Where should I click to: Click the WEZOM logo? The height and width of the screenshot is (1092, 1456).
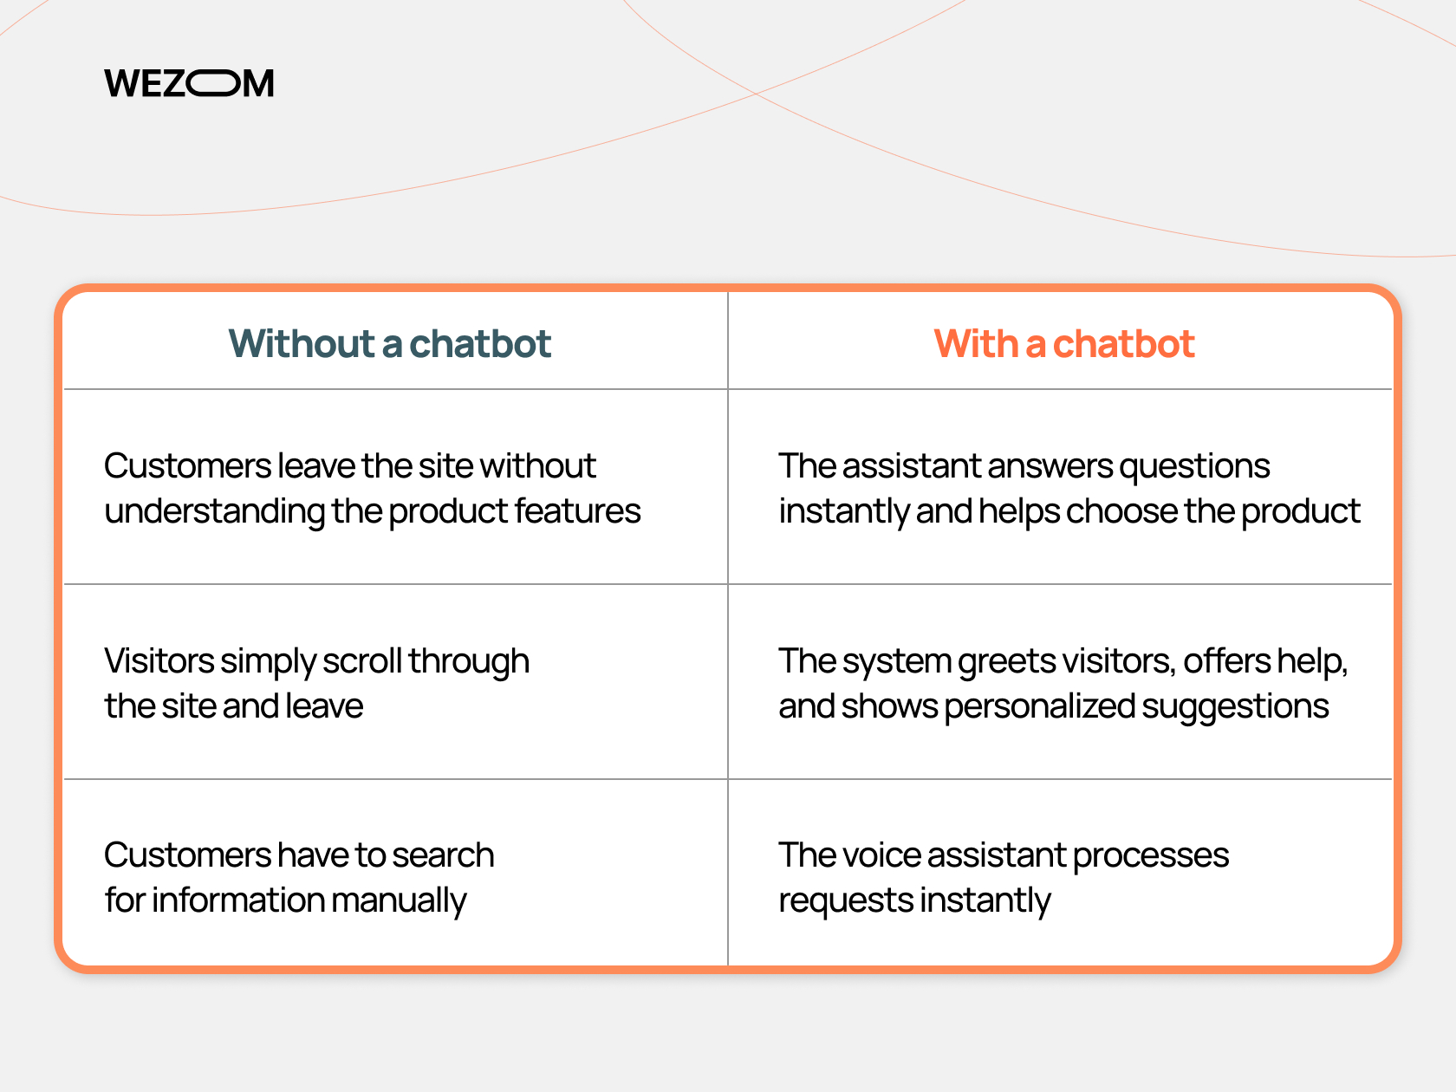pos(189,83)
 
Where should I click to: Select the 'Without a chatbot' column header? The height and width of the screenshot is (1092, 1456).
pos(389,343)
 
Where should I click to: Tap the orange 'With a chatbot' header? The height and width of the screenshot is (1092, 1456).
pos(1064,343)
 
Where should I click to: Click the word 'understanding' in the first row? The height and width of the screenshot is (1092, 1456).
pos(215,512)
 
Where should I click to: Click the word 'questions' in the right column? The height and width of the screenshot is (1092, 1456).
pos(1194,467)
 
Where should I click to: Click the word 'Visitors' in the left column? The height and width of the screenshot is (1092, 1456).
pos(159,660)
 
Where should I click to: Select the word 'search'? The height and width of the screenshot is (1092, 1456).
pos(443,855)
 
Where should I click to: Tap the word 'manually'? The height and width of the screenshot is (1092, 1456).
pos(399,901)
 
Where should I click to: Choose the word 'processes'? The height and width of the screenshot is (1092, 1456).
pos(1150,856)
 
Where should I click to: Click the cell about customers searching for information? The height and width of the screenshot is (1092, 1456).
pos(395,872)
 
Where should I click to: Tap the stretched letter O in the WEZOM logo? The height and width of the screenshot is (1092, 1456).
pos(212,83)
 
